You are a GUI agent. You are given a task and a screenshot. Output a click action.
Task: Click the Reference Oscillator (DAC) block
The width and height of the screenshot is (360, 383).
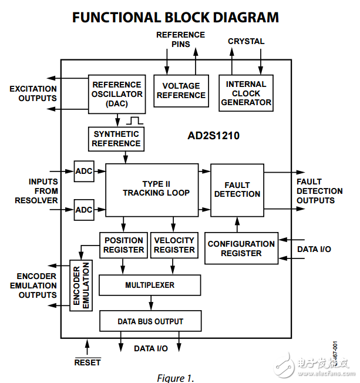(x=116, y=94)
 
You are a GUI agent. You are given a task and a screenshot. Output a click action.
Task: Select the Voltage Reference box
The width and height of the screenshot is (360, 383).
(x=181, y=90)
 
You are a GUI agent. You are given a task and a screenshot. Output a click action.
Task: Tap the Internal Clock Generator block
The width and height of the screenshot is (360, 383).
(x=245, y=93)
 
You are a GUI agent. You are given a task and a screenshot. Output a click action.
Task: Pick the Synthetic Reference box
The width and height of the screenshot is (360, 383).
(x=116, y=139)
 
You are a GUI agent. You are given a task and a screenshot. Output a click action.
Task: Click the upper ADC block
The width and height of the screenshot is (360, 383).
(x=84, y=171)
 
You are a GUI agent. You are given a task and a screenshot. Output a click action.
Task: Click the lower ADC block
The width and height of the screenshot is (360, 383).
(x=84, y=210)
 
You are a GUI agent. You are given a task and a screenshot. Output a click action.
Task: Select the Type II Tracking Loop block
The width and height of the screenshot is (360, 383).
(x=152, y=189)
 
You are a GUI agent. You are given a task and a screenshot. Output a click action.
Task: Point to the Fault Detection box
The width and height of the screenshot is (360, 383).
(x=237, y=189)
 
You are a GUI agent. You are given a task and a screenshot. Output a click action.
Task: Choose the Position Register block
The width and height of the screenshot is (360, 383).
(x=123, y=245)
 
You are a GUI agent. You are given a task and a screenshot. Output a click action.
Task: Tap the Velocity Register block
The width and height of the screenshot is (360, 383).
(x=174, y=245)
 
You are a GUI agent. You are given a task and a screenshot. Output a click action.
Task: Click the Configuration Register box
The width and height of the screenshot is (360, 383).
(x=241, y=248)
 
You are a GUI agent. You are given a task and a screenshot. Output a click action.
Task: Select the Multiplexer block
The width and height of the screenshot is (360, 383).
(x=150, y=285)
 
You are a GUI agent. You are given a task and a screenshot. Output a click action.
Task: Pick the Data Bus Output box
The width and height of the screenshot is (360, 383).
(x=150, y=321)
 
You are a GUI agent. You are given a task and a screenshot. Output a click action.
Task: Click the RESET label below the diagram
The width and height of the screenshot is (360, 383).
(x=87, y=362)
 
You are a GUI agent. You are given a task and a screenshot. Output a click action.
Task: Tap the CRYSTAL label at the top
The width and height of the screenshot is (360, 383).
(x=246, y=42)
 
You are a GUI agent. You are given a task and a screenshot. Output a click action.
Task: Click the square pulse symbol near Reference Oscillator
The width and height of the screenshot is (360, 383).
(x=134, y=120)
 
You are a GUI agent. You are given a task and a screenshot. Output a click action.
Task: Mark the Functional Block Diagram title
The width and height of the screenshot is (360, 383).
(x=176, y=17)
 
